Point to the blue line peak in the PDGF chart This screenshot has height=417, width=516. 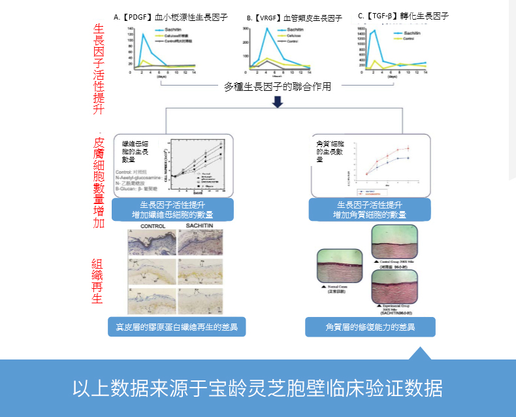[143, 35]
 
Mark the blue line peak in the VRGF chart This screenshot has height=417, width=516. [266, 29]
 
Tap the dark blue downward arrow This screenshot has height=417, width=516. [278, 102]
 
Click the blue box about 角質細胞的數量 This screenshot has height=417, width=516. [370, 210]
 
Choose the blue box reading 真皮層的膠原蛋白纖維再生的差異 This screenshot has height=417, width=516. [176, 326]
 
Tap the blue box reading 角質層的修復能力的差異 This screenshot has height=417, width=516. [370, 326]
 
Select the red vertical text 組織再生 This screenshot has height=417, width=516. [97, 282]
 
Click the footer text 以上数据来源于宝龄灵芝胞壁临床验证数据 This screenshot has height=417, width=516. [257, 388]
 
